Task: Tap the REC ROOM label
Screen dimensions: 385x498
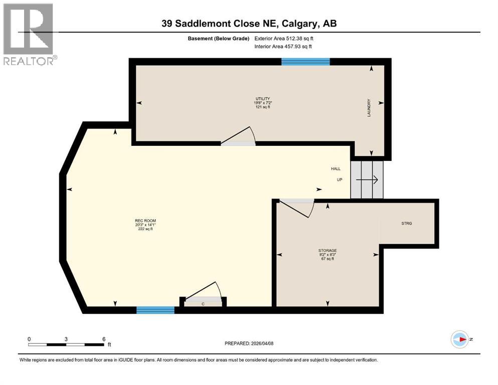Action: tap(141, 221)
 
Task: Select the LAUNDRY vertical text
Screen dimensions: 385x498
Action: tap(369, 108)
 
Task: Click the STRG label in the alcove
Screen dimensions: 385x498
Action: tap(407, 224)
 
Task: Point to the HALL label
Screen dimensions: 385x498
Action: tap(336, 168)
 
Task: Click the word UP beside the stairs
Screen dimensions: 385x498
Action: tap(339, 179)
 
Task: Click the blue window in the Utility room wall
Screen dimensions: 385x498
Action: tap(305, 62)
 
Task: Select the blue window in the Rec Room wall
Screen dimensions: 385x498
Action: tap(155, 310)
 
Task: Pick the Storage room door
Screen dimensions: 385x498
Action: tap(296, 207)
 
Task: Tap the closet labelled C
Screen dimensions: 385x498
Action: tap(203, 303)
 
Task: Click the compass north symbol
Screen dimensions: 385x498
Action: tap(459, 339)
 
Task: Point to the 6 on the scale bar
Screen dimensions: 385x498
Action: tap(103, 339)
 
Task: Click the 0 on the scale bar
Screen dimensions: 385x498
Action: tap(29, 339)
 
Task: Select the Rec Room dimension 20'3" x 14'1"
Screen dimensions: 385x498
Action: tap(141, 225)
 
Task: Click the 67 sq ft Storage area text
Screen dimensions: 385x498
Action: tap(327, 259)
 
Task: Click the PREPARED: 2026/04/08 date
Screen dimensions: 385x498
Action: tap(249, 343)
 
